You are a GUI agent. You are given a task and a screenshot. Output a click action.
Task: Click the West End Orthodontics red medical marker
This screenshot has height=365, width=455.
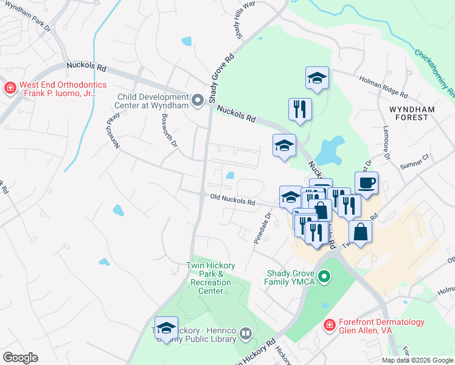point(10,89)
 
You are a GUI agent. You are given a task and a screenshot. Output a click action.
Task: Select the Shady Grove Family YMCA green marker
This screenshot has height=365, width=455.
point(324,278)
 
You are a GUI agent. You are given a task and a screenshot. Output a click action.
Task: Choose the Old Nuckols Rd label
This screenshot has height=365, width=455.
point(232,200)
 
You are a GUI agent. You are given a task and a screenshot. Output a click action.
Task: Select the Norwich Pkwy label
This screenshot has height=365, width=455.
point(111,127)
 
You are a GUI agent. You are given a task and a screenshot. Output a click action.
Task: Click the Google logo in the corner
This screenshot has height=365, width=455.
point(20,358)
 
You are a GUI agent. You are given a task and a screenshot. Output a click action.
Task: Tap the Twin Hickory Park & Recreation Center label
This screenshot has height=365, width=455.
point(210,278)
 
